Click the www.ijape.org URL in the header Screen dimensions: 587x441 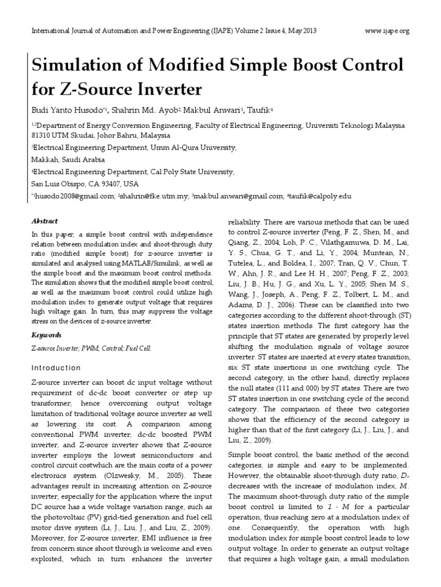tap(388, 31)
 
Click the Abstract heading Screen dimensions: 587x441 tap(44, 221)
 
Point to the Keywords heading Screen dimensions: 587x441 tap(45, 335)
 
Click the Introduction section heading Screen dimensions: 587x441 tap(56, 367)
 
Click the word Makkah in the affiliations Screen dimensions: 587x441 tap(42, 160)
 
